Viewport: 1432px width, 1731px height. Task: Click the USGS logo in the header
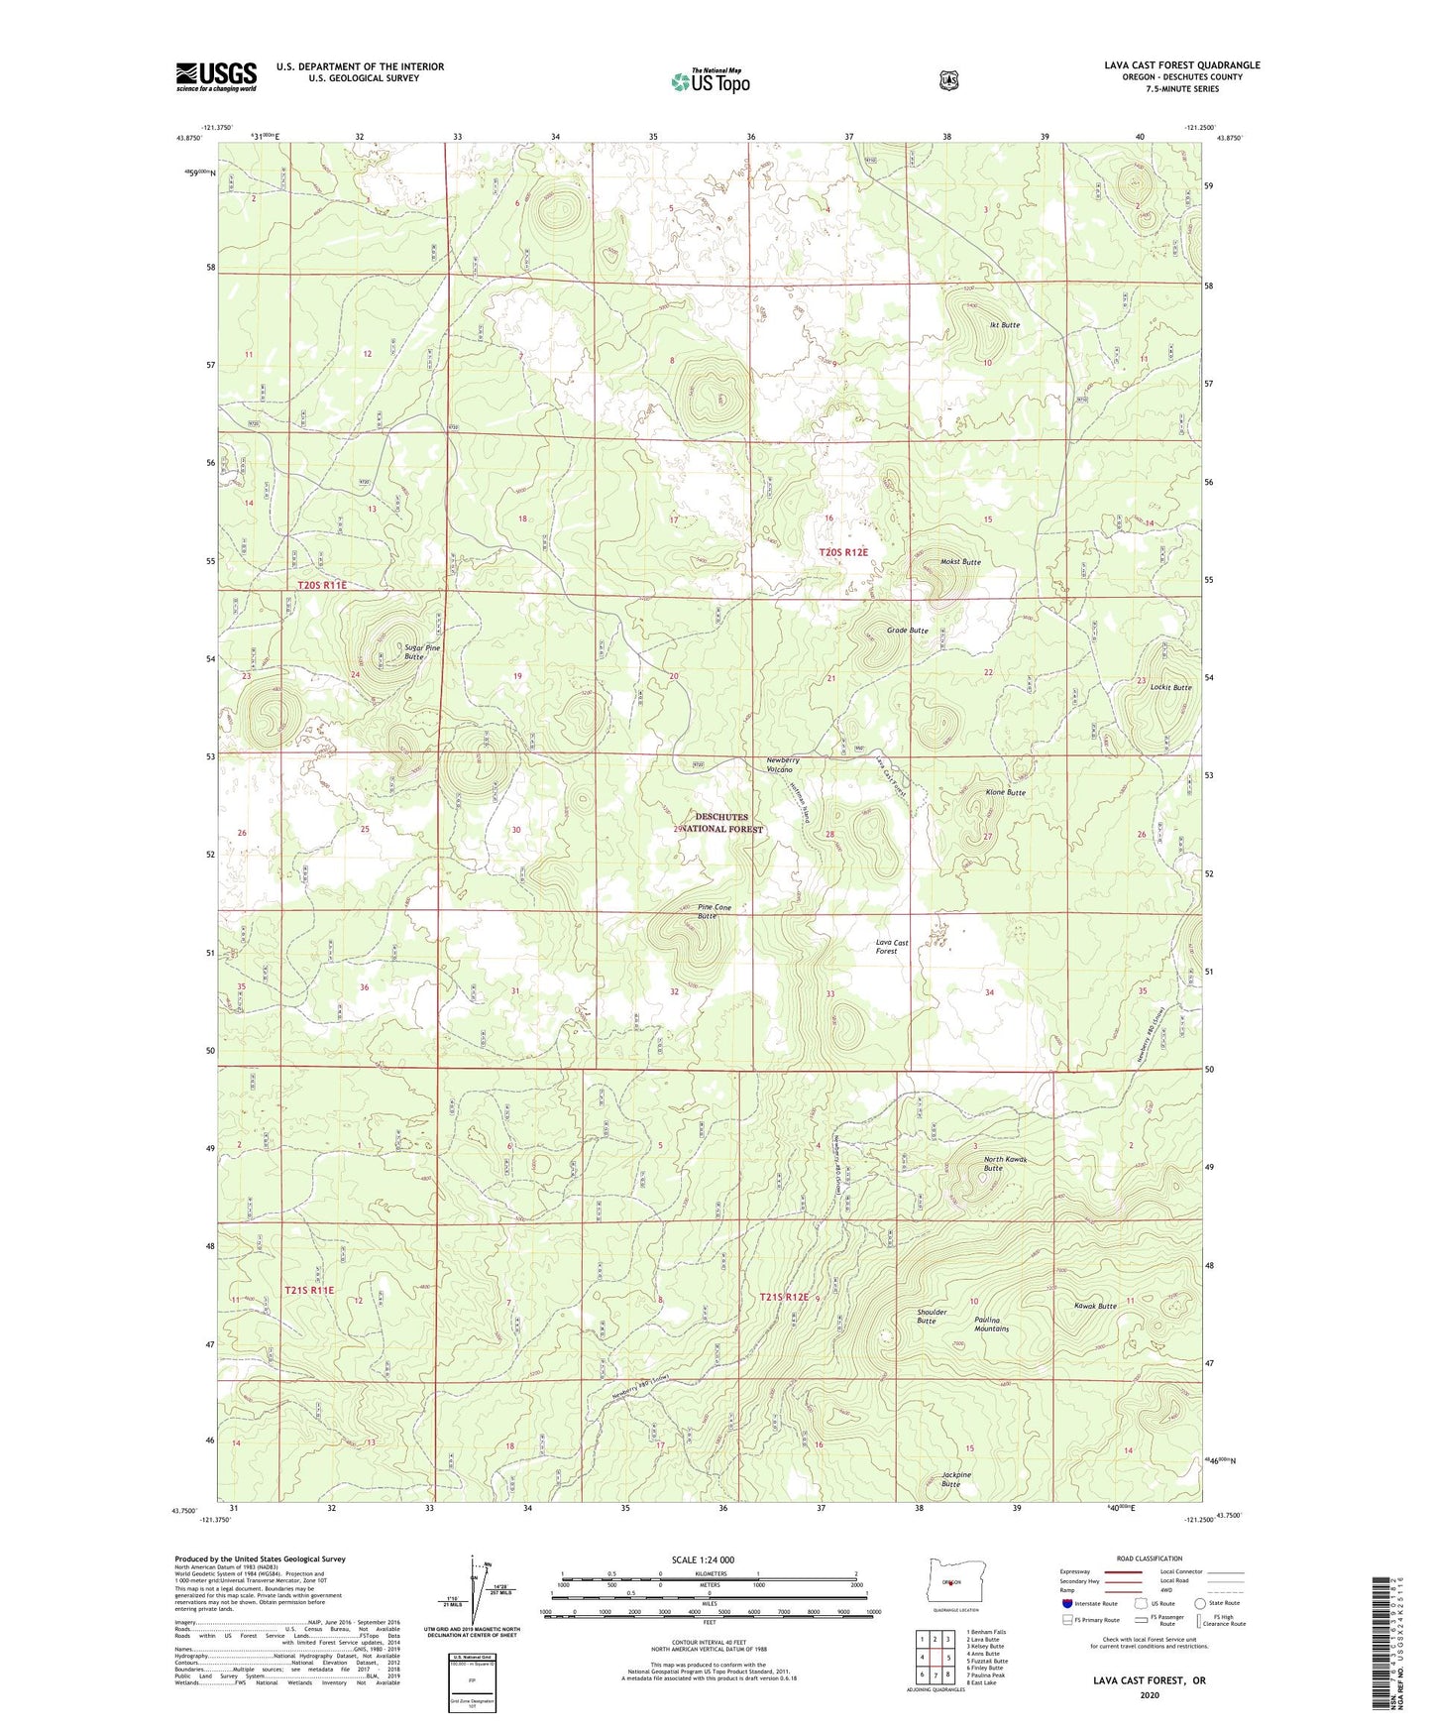click(x=216, y=76)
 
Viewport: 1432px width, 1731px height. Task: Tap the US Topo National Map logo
click(x=710, y=81)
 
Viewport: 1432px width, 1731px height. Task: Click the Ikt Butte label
click(x=1004, y=325)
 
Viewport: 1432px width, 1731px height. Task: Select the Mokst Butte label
click(x=959, y=562)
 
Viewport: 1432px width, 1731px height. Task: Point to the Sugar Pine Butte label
click(x=421, y=652)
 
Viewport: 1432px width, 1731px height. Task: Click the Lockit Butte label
click(x=1170, y=687)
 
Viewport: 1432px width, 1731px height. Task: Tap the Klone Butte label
click(x=1005, y=793)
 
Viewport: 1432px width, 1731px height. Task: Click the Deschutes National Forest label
click(x=720, y=823)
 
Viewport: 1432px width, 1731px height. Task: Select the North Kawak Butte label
click(x=1004, y=1164)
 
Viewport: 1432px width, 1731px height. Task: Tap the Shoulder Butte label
click(x=932, y=1316)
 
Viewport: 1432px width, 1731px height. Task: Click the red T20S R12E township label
click(x=842, y=552)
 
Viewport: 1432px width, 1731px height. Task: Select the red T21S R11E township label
click(x=309, y=1290)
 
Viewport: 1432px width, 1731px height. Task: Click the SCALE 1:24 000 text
click(x=703, y=1559)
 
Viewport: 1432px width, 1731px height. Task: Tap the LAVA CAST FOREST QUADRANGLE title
click(x=1181, y=65)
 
